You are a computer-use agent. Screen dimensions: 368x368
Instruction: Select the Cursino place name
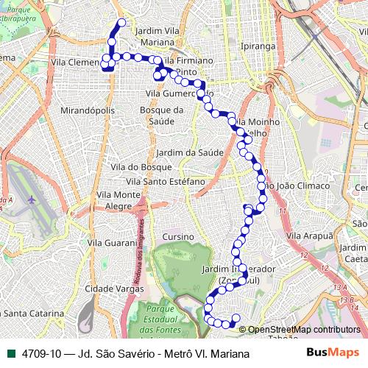coord(177,237)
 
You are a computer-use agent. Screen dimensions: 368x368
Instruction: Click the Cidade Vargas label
coord(114,289)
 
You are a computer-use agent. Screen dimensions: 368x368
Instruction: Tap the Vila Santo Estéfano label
coord(160,181)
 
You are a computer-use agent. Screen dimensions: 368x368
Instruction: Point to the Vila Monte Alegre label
coord(118,200)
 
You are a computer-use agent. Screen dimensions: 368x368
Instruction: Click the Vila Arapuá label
coord(309,235)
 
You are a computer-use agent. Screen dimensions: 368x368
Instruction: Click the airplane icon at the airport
coord(31,199)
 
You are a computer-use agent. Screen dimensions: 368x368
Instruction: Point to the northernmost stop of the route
coord(121,23)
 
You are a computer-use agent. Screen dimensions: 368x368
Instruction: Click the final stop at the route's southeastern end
coord(236,319)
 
